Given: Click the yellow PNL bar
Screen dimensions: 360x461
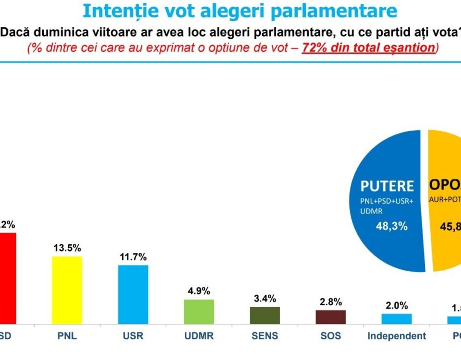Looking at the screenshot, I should (x=67, y=290).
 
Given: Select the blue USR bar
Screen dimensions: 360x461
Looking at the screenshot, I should (x=133, y=294).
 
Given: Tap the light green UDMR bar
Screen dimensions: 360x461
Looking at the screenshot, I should (x=199, y=312).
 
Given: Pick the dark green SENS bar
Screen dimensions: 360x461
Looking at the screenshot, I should (x=265, y=315).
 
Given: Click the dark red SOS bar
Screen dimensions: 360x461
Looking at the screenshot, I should (x=330, y=317).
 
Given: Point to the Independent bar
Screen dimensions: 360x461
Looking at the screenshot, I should (x=397, y=319).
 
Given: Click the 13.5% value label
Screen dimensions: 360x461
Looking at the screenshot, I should (x=67, y=248).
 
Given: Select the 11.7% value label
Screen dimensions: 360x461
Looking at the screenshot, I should (x=133, y=257).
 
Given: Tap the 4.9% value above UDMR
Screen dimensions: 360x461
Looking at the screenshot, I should (x=199, y=291).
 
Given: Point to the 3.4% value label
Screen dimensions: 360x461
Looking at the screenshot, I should (x=265, y=299).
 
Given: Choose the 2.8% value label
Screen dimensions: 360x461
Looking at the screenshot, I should (x=330, y=302).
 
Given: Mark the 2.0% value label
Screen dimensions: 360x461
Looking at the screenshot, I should (x=397, y=305).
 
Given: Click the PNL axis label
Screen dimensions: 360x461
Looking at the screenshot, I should (x=67, y=336).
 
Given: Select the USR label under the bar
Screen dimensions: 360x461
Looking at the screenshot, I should (x=133, y=336).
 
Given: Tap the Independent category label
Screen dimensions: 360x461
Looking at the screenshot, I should (x=397, y=336).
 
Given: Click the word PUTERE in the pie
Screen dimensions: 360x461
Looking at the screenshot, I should (x=387, y=186).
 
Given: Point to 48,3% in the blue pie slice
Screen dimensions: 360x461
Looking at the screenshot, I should (x=391, y=226).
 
